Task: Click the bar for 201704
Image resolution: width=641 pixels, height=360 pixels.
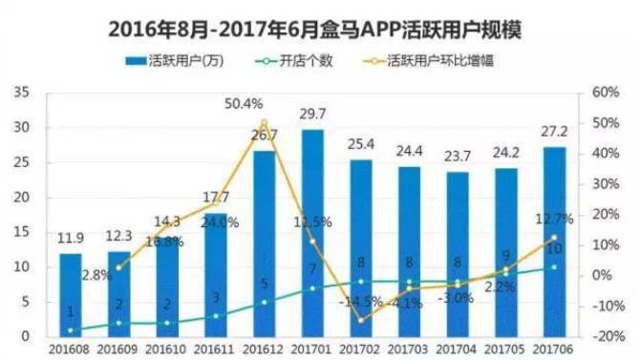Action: coord(458,253)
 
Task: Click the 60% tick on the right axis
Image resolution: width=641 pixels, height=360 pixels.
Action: coord(606,93)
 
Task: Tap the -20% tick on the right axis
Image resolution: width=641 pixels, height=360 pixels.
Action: coord(606,336)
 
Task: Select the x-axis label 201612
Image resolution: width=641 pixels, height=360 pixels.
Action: coord(264,349)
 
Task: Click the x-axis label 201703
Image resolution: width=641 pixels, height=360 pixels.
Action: coord(409,349)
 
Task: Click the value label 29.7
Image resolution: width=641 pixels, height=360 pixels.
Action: coord(311,115)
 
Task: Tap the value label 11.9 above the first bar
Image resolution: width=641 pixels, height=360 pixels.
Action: coord(71,239)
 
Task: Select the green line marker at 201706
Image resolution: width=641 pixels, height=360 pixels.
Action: coord(553,266)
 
